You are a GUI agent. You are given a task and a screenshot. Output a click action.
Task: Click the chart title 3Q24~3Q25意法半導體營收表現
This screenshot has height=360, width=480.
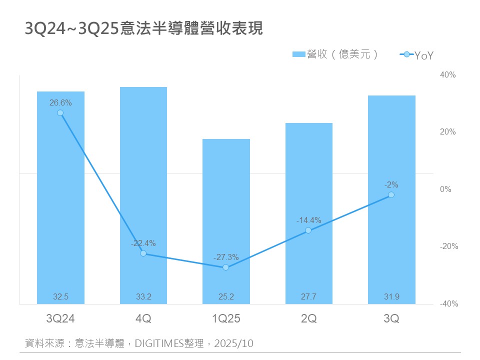click(144, 29)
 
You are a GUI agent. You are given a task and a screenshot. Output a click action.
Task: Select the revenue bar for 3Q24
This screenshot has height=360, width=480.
click(60, 200)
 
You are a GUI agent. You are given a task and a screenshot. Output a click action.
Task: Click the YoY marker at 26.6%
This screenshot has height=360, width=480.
click(60, 113)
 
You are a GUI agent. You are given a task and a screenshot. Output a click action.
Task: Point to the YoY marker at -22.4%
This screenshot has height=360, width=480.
click(143, 253)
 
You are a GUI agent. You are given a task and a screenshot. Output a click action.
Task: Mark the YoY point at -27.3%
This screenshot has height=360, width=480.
click(226, 267)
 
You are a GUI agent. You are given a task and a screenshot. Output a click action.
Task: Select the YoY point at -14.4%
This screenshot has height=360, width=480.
click(308, 230)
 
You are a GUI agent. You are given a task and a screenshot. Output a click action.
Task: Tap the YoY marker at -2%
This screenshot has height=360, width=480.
click(391, 194)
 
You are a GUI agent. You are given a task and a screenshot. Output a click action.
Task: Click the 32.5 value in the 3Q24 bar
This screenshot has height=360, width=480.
click(60, 297)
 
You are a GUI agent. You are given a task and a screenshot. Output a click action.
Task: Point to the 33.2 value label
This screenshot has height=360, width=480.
click(143, 297)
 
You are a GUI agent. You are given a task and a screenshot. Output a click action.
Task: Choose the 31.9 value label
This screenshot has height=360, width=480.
click(391, 297)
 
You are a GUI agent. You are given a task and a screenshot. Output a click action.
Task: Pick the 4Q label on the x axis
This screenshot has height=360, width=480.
click(143, 318)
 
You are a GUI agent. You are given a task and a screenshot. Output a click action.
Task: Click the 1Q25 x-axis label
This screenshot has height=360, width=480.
click(226, 318)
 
